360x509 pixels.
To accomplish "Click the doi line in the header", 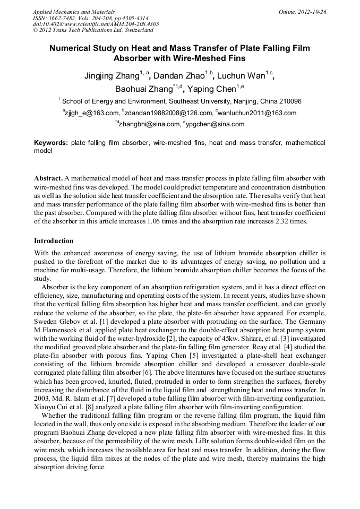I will coord(96,24).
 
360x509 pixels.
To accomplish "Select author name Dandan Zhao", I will coord(180,76).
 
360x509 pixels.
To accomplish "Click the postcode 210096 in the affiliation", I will coord(290,101).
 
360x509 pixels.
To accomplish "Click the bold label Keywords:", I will coord(51,143).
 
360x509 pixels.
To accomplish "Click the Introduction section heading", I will coord(54,240).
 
